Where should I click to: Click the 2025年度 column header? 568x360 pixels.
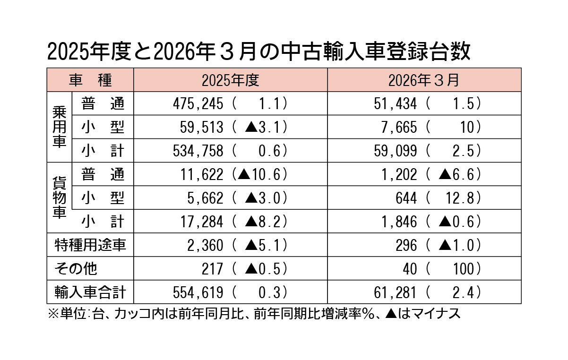(230, 80)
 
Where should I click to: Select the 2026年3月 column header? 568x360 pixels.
(424, 80)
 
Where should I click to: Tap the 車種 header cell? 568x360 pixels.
(90, 80)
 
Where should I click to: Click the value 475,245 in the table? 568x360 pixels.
(198, 103)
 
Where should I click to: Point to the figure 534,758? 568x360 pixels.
(198, 151)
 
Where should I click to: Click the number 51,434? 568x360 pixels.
(397, 103)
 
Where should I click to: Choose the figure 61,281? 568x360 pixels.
(397, 292)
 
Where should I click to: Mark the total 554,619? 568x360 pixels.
(198, 292)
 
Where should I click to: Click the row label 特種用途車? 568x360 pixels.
(90, 245)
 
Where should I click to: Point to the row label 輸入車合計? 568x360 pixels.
(90, 292)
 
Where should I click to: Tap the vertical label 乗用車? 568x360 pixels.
(59, 127)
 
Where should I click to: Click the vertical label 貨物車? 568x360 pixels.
(59, 197)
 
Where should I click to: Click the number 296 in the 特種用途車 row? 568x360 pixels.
(407, 245)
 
